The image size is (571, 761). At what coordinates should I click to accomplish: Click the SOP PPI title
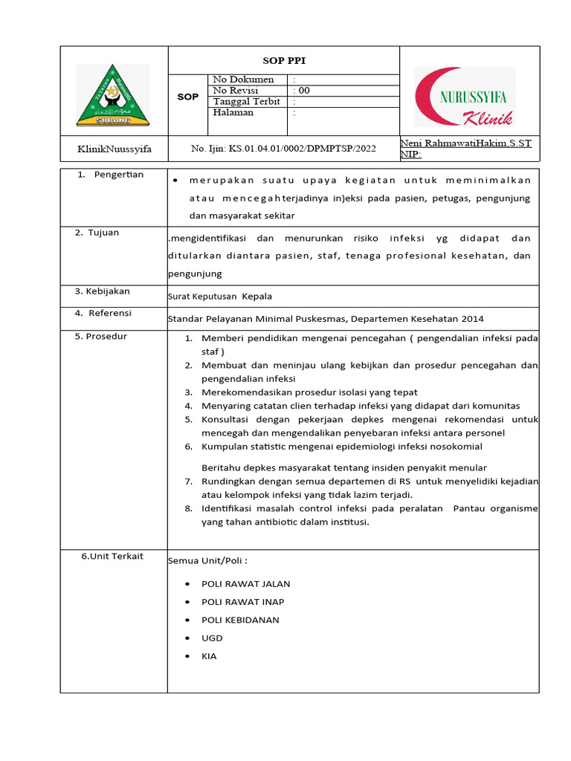tap(285, 60)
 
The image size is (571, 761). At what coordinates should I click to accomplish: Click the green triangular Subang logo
tap(113, 95)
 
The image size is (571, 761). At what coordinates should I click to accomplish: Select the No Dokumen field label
tap(243, 80)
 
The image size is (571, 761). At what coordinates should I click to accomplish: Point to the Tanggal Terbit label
tap(246, 102)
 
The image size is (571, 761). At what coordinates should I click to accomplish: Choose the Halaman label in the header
tap(233, 113)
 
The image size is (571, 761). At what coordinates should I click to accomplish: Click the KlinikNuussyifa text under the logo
tap(114, 149)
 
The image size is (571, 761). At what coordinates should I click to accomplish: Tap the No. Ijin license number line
tap(283, 149)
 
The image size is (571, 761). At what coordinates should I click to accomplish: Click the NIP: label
tap(410, 155)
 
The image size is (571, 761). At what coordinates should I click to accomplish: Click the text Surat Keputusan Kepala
tap(220, 296)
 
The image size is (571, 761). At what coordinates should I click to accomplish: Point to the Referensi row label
tap(103, 313)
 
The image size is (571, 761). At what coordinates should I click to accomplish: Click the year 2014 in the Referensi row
tap(471, 319)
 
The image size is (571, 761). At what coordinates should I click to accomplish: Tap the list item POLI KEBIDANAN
tap(240, 620)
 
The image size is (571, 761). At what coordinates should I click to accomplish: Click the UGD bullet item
tap(212, 638)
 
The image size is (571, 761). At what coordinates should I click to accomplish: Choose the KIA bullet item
tap(209, 656)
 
